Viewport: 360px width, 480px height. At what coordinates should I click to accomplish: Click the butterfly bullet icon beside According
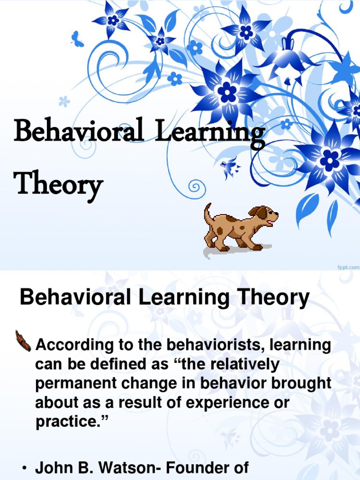pos(23,340)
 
